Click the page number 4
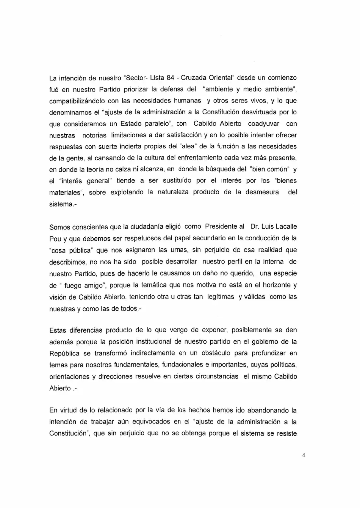click(304, 456)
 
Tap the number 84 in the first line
click(170, 78)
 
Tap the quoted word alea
click(187, 147)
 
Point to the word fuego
click(75, 285)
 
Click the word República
click(64, 353)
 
